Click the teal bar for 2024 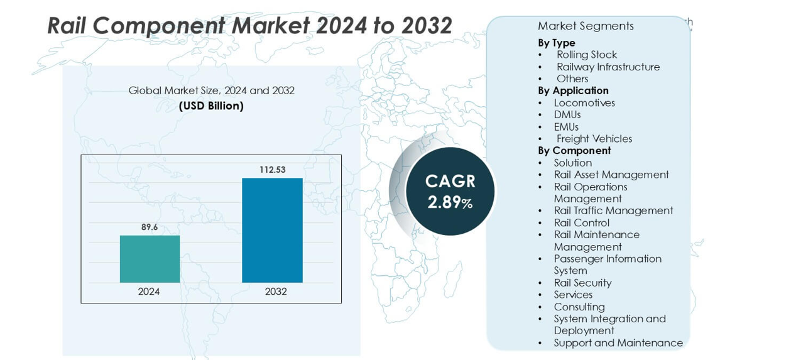(x=150, y=259)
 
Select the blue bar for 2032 (x=272, y=230)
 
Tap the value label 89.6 (x=150, y=227)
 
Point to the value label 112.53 (x=272, y=170)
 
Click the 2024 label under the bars (x=149, y=292)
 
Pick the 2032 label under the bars (x=276, y=292)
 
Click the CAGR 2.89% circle (x=450, y=191)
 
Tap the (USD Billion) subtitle (x=211, y=106)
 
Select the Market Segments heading (x=586, y=26)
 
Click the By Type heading (x=557, y=43)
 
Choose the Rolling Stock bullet (x=587, y=55)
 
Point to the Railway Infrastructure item (x=608, y=67)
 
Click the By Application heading (x=573, y=90)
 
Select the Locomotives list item (x=584, y=102)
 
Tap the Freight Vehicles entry (x=594, y=138)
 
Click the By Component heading (x=574, y=150)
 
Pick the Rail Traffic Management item (x=613, y=210)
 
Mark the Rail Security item (x=582, y=283)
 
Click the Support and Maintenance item (x=618, y=342)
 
